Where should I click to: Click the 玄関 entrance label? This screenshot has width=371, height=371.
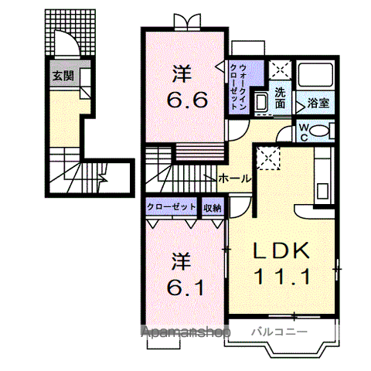pos(63,76)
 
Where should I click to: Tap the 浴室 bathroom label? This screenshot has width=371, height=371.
pos(318,103)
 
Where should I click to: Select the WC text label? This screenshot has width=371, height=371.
pos(304,132)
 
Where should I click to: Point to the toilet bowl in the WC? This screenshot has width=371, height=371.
pos(319,131)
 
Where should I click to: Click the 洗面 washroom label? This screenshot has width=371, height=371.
pos(280,97)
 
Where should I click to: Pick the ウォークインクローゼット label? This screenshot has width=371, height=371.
pos(238,87)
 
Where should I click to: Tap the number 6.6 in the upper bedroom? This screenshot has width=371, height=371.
pos(187,100)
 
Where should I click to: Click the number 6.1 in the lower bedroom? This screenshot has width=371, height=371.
pos(185,288)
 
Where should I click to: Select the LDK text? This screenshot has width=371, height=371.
pos(281,250)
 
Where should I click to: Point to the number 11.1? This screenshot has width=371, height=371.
pos(282,277)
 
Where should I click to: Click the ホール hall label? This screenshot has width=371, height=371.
pos(234,179)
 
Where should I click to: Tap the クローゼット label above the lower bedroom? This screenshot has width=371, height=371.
pos(172,206)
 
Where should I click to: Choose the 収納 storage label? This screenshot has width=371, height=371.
pos(213,208)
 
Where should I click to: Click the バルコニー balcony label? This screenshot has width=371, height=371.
pos(279,332)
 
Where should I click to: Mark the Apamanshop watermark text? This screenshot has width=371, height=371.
pos(185,332)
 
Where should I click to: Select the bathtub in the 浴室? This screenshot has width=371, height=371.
pos(315,74)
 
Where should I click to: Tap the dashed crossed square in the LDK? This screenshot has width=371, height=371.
pos(268,158)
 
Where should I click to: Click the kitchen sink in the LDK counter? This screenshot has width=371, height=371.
pos(322,190)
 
